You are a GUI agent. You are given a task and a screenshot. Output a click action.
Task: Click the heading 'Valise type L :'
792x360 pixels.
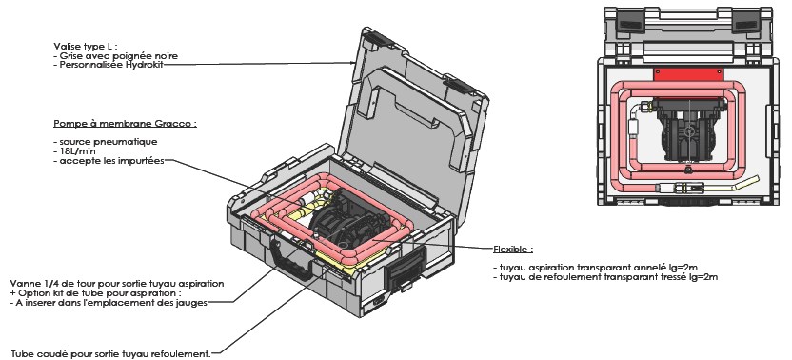(86, 47)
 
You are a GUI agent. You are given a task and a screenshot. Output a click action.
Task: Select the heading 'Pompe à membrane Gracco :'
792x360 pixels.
(125, 124)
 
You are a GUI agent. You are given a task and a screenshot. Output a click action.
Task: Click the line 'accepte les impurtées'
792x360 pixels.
(109, 161)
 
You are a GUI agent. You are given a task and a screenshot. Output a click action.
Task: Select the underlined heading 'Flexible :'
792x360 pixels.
(513, 250)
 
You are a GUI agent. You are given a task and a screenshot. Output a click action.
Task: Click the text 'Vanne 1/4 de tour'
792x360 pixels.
(47, 284)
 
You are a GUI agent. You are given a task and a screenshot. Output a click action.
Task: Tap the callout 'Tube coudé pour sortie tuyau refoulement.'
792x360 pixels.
(110, 354)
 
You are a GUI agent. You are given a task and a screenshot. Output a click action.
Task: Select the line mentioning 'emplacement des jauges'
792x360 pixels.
(109, 303)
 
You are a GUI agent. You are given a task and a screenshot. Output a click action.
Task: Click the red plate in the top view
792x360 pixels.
(688, 75)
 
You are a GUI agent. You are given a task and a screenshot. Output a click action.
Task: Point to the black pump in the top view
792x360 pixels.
(688, 130)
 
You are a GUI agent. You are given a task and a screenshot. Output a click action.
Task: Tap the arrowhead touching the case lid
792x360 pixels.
(353, 63)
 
